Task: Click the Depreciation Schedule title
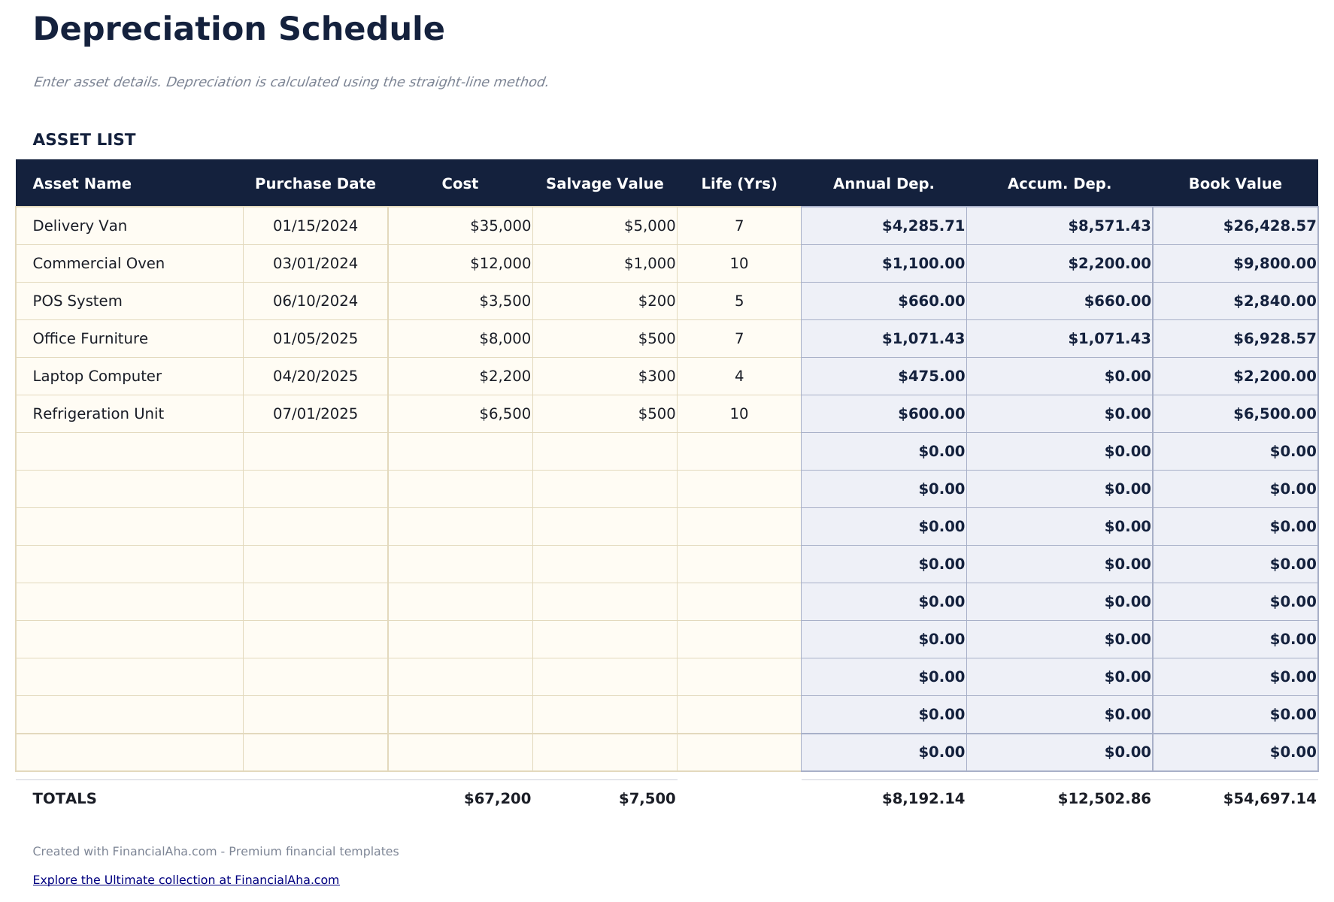pyautogui.click(x=238, y=30)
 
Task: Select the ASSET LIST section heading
pyautogui.click(x=84, y=140)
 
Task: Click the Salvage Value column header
pyautogui.click(x=605, y=184)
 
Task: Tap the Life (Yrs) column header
pyautogui.click(x=738, y=184)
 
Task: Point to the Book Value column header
pyautogui.click(x=1235, y=184)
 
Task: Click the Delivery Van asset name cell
pyautogui.click(x=80, y=226)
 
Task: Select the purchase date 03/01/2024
pyautogui.click(x=315, y=264)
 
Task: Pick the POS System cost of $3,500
pyautogui.click(x=505, y=301)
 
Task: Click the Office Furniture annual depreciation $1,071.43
pyautogui.click(x=923, y=339)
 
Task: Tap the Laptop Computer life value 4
pyautogui.click(x=738, y=377)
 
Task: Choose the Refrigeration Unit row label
pyautogui.click(x=98, y=414)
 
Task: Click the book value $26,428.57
pyautogui.click(x=1269, y=226)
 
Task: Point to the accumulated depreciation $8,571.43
pyautogui.click(x=1108, y=226)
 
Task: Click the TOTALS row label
pyautogui.click(x=65, y=799)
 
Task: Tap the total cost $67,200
pyautogui.click(x=497, y=799)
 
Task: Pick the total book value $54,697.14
pyautogui.click(x=1269, y=799)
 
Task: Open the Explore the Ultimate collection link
pyautogui.click(x=186, y=880)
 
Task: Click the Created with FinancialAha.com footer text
pyautogui.click(x=215, y=852)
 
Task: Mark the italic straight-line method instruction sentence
pyautogui.click(x=290, y=82)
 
